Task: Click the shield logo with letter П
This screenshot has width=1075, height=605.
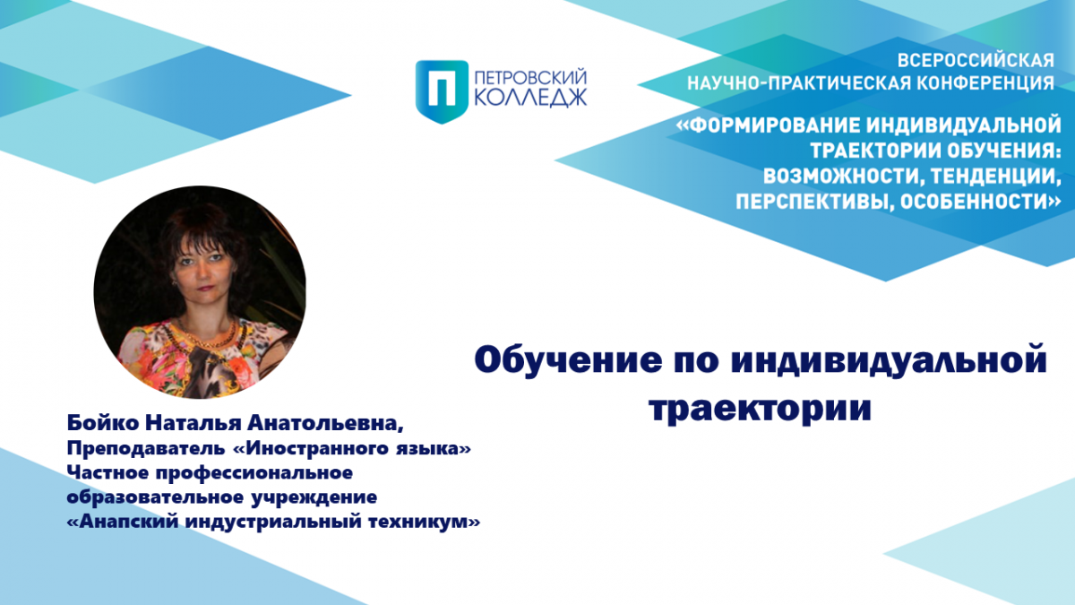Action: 442,91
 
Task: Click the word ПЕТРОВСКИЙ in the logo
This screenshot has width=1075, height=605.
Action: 530,78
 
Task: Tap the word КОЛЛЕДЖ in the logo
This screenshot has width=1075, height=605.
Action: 530,98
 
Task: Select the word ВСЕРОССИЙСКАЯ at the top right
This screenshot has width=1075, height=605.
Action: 976,61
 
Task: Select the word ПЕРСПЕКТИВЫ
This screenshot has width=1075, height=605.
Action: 814,202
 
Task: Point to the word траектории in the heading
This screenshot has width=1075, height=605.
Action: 761,408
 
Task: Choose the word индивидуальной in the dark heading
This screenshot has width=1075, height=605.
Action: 889,360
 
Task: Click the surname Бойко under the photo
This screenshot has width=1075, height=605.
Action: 103,422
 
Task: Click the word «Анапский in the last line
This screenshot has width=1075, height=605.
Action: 123,521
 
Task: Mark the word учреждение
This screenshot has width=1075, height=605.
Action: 314,497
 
